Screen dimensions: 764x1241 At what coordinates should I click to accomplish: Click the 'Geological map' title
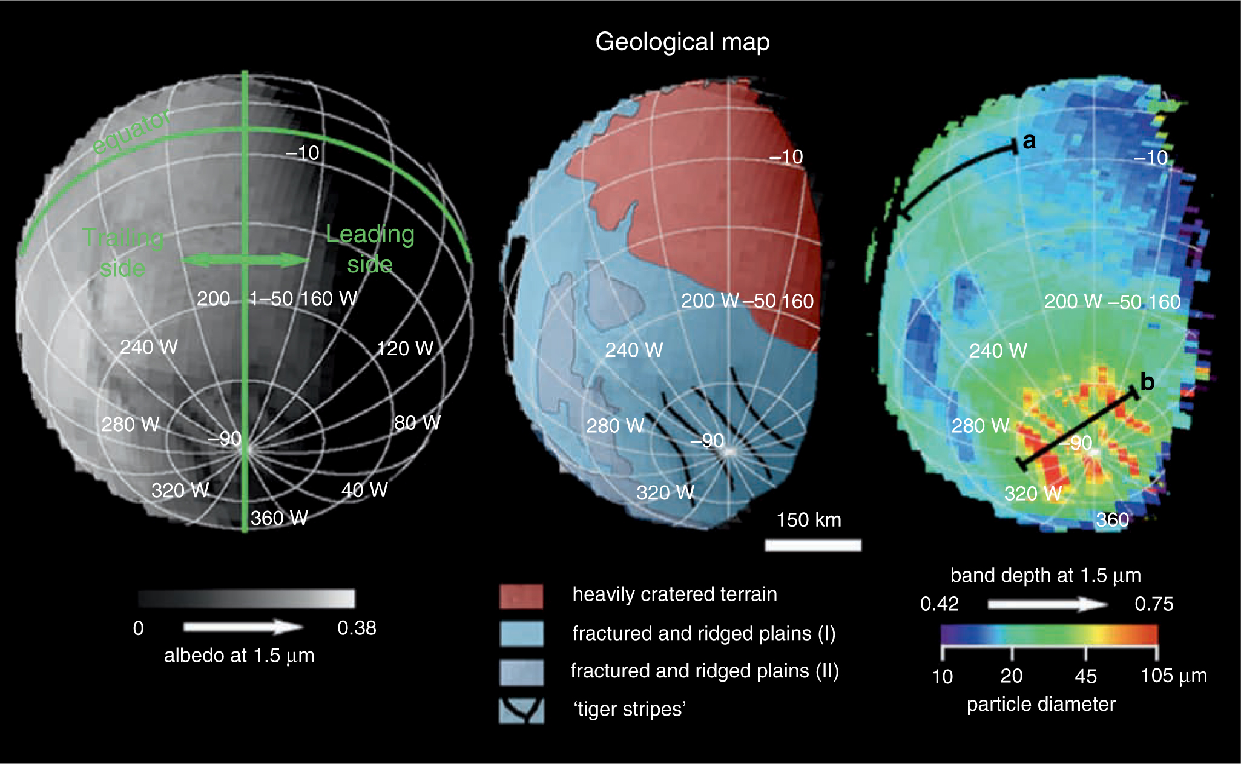coord(682,42)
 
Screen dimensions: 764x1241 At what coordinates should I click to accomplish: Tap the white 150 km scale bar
coord(812,545)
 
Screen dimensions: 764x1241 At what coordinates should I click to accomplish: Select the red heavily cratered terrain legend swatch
coord(521,596)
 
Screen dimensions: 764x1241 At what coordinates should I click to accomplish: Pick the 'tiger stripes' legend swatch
coord(521,711)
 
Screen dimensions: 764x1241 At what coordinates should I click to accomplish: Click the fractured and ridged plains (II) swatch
coord(521,672)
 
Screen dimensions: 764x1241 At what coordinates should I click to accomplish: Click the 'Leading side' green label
coord(370,249)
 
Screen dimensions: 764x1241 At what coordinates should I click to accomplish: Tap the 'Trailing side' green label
coord(123,252)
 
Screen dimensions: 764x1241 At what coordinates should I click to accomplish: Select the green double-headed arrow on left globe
coord(245,260)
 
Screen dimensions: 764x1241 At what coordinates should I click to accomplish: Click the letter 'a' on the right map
coord(1029,140)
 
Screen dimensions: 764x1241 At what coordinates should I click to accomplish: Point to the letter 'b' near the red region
coord(1147,382)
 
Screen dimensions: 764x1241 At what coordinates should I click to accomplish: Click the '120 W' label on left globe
coord(405,348)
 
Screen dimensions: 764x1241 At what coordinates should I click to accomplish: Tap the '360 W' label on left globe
coord(279,518)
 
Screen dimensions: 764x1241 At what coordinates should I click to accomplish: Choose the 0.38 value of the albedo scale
coord(357,628)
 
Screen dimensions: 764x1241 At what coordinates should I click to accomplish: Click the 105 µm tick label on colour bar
coord(1173,676)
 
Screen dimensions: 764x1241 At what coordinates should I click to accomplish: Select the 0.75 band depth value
coord(1154,604)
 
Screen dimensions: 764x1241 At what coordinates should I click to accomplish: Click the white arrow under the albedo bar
coord(243,627)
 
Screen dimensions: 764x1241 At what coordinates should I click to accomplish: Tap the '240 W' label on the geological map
coord(634,350)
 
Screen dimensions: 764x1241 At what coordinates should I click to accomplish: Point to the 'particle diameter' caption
coord(1041,704)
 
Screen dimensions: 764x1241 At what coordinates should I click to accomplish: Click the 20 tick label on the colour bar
coord(1012,676)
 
